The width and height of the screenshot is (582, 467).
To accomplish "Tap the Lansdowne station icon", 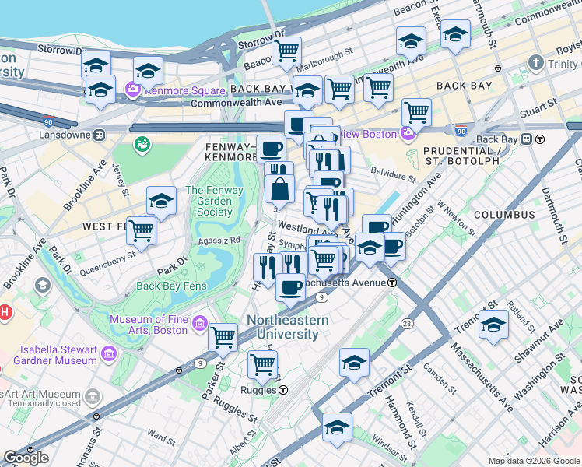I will [x=100, y=135].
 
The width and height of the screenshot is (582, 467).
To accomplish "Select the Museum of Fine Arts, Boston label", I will [x=148, y=325].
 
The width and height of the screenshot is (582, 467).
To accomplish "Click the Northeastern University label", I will [x=287, y=327].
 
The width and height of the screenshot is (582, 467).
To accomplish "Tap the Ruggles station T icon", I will [x=284, y=390].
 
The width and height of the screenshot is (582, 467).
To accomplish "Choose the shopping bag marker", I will [x=279, y=188].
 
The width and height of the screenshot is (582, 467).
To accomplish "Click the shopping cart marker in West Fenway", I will [x=141, y=230].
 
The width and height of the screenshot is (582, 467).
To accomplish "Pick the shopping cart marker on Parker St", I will [x=223, y=336].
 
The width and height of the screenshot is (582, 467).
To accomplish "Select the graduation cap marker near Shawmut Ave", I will [x=493, y=323].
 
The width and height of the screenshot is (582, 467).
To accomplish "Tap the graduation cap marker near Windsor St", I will [x=337, y=427].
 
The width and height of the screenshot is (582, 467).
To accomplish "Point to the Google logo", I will [x=26, y=457].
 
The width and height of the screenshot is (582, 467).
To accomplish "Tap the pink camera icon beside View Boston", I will [x=405, y=134].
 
